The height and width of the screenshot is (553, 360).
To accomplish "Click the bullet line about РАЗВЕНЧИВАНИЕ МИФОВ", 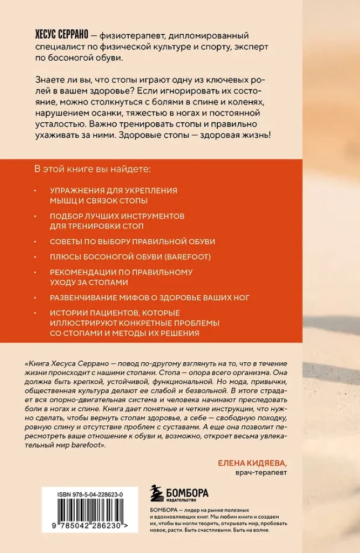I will tap(149, 298).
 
